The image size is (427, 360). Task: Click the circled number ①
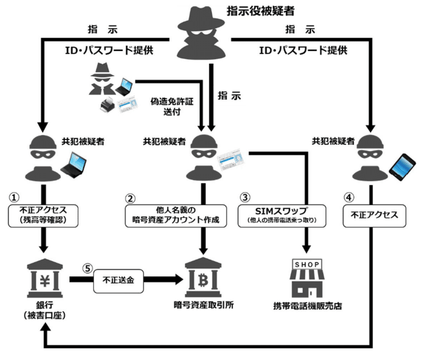click(x=15, y=197)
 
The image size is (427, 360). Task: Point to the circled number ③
click(x=246, y=197)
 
